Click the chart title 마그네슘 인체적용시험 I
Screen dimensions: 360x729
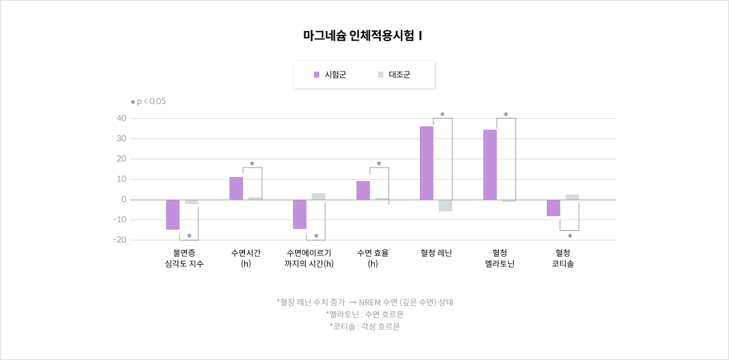[x=363, y=36]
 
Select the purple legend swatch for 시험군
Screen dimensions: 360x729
[x=316, y=75]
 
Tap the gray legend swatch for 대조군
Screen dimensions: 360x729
[x=381, y=75]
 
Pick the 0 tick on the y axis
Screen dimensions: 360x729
[x=123, y=199]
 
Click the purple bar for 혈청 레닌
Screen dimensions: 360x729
[x=427, y=163]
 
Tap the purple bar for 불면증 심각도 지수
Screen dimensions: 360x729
[x=173, y=215]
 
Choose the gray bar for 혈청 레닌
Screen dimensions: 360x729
[x=446, y=205]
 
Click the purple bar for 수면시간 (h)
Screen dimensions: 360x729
[x=236, y=188]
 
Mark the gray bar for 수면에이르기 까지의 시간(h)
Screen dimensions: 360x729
[x=319, y=197]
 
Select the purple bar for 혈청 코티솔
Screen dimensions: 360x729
[x=553, y=208]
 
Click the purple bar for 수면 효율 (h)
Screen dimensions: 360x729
[x=363, y=190]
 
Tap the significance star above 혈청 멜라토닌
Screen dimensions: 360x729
[x=506, y=114]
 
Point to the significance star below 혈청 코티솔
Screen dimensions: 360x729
[x=570, y=236]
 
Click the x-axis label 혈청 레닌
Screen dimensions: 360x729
[x=436, y=253]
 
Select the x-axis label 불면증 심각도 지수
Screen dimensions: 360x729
[x=184, y=258]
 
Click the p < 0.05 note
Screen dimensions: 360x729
[x=148, y=101]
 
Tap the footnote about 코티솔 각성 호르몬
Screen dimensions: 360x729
[x=364, y=326]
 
